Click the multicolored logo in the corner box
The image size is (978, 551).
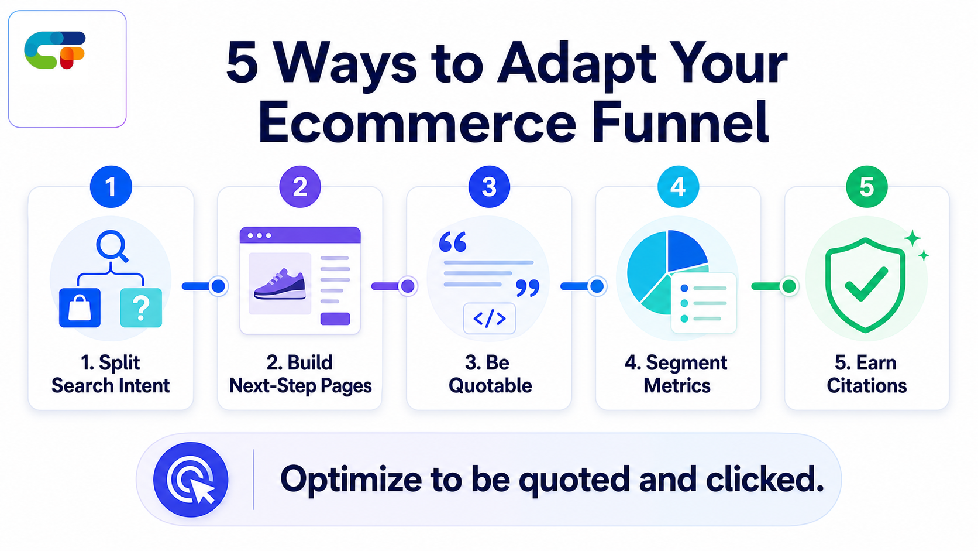[54, 50]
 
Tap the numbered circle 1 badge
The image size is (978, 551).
[111, 187]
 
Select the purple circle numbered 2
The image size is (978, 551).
[300, 187]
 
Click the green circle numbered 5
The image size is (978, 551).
[867, 187]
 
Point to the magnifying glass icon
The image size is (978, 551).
[112, 245]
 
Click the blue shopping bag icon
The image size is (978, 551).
[80, 307]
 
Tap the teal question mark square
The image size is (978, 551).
[141, 307]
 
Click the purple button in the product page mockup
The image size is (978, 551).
[335, 319]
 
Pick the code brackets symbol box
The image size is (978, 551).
[490, 318]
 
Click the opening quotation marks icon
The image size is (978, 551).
[453, 242]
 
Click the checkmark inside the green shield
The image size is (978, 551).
[867, 285]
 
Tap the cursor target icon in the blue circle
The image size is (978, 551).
[191, 480]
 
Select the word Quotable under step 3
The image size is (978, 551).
[490, 386]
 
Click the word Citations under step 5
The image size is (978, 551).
[867, 386]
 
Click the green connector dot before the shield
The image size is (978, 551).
[789, 286]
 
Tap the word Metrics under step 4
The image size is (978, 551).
[677, 386]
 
